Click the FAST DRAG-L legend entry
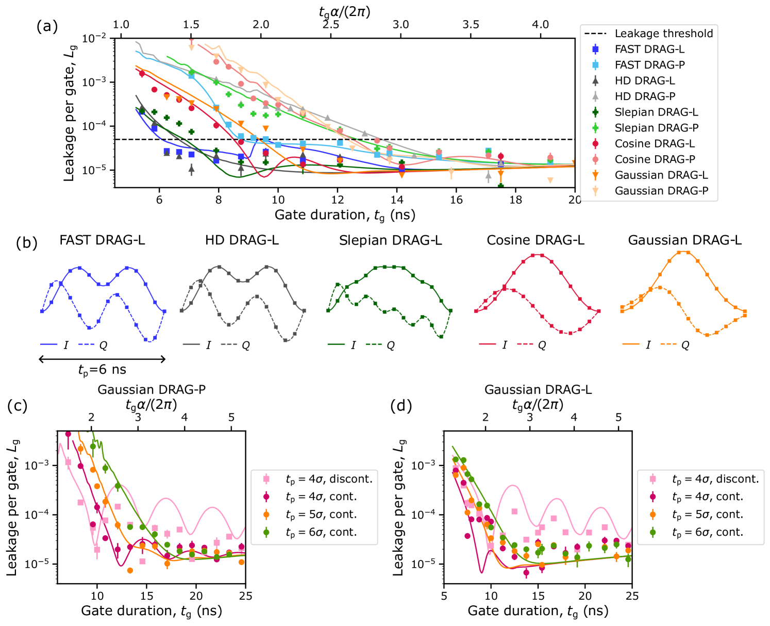(x=649, y=49)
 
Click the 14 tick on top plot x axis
(x=397, y=200)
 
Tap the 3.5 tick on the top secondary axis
(x=471, y=24)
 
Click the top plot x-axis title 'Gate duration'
(x=345, y=215)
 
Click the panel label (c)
(x=18, y=406)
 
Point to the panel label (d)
(x=401, y=406)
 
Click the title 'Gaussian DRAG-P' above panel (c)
(x=152, y=389)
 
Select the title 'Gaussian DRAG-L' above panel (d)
(x=538, y=389)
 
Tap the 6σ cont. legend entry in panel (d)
(x=708, y=532)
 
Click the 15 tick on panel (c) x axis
(x=146, y=596)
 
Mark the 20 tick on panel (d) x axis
(x=585, y=596)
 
